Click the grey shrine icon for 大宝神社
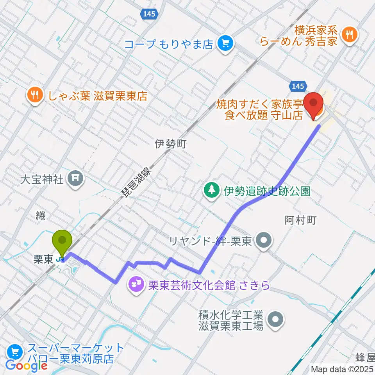point(75,179)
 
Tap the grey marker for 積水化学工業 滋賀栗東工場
point(276,319)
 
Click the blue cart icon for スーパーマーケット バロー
point(15,352)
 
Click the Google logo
point(26,366)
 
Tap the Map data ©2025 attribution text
point(342,369)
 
